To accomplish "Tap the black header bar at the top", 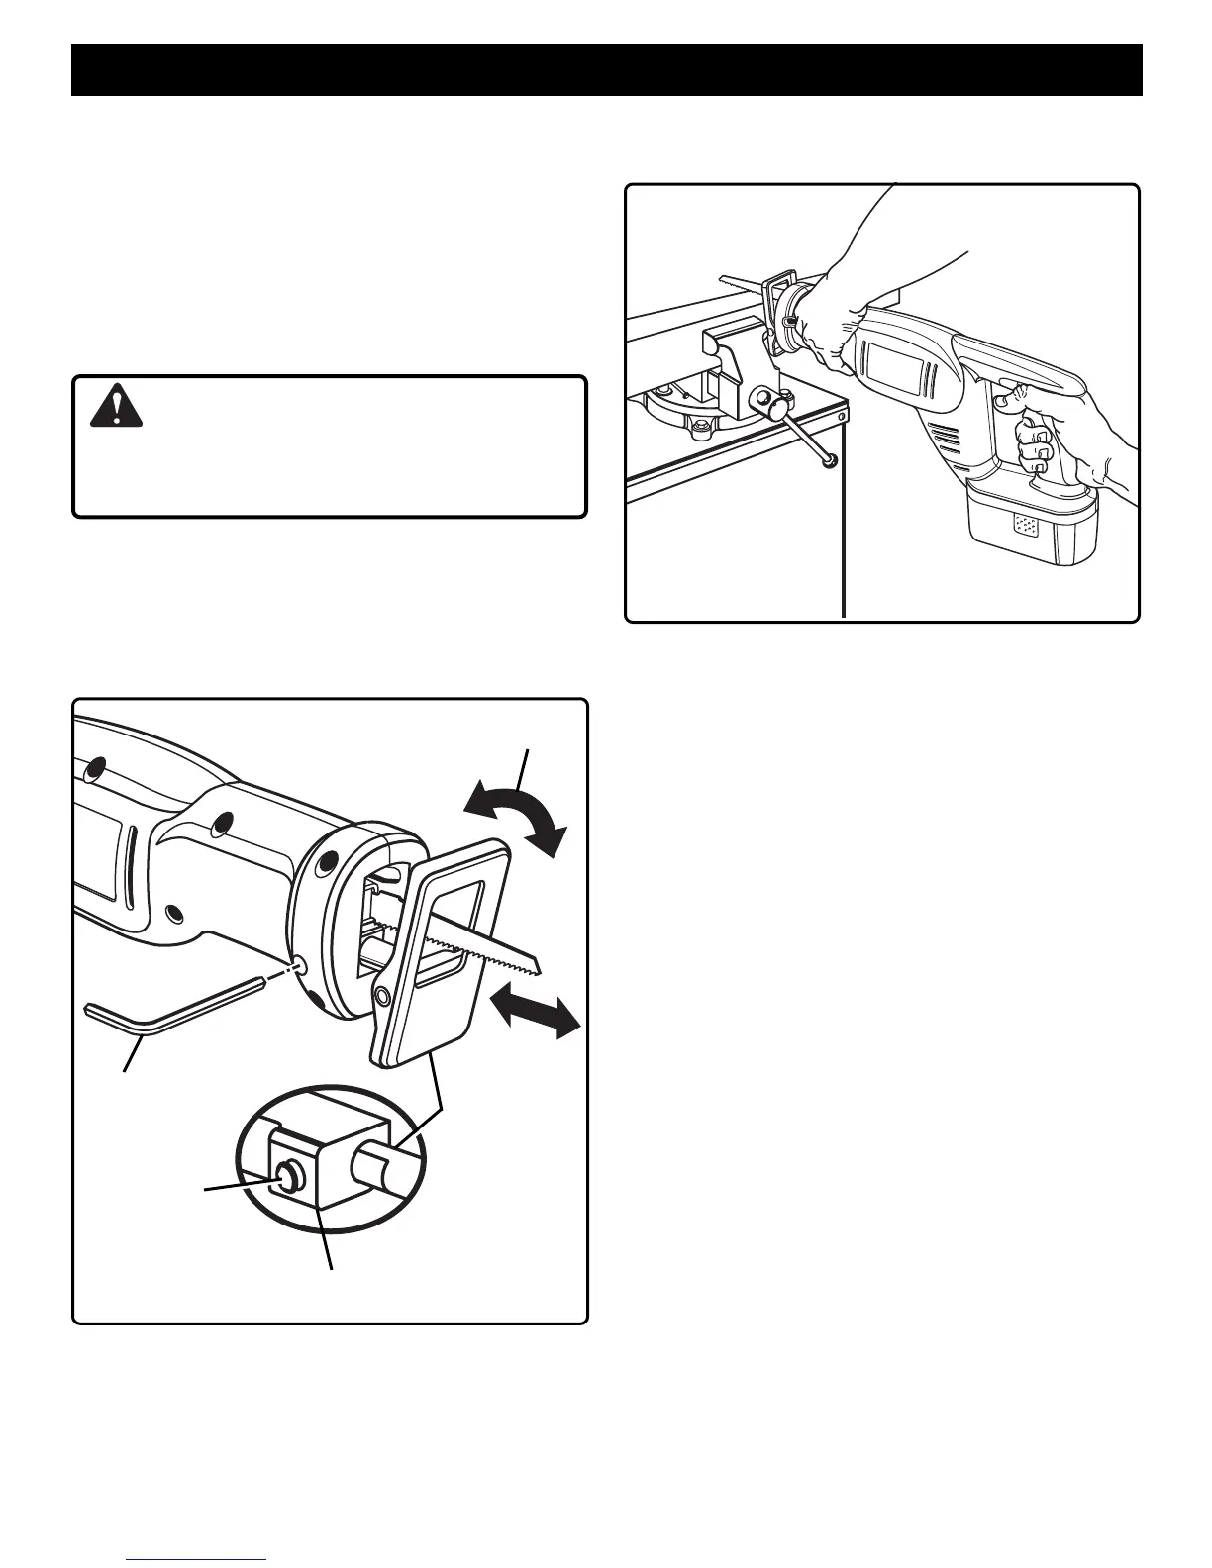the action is (606, 68).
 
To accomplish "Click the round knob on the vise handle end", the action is (827, 457).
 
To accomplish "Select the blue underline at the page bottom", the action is (205, 1560).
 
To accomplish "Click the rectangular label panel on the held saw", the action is (896, 373).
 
